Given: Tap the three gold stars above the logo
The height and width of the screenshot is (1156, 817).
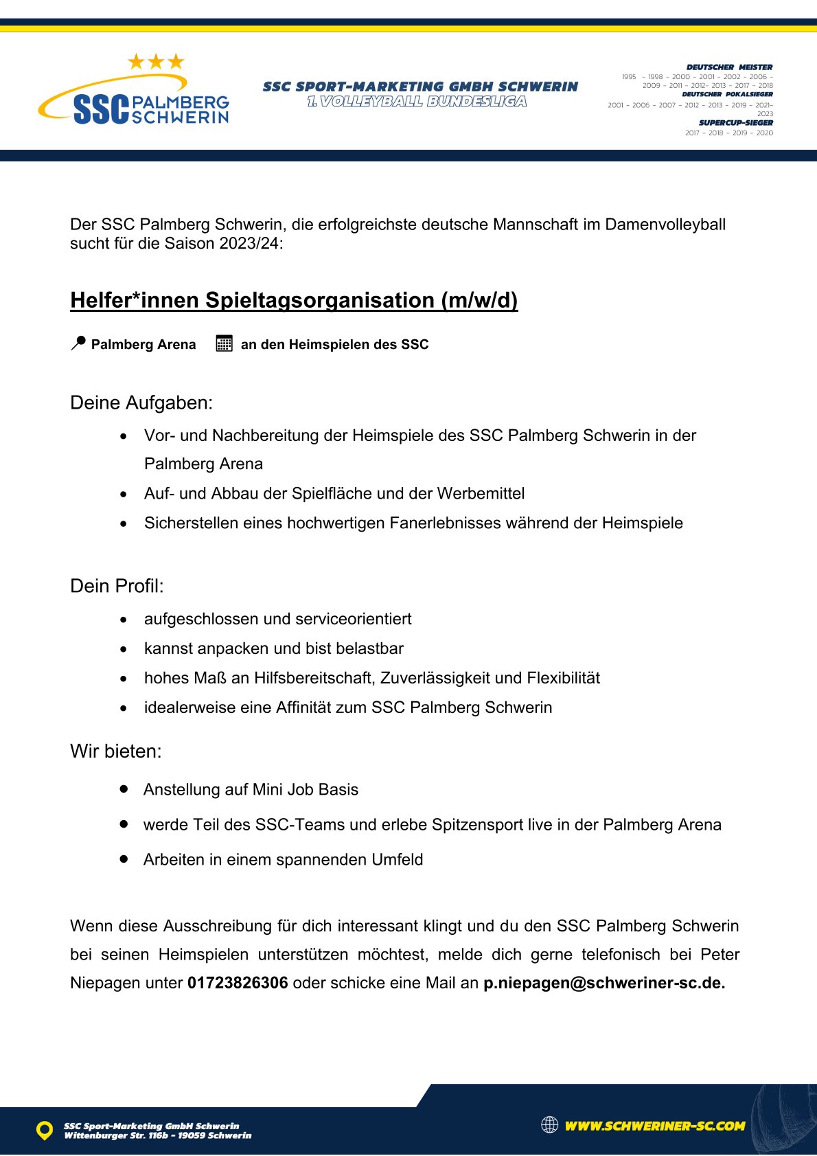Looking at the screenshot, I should click(156, 62).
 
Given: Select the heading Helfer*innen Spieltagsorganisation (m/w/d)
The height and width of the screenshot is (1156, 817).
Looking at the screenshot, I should click(294, 300).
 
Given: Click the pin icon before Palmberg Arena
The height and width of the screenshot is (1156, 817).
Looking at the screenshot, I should click(78, 343).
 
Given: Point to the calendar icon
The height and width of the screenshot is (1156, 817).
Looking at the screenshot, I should click(224, 343).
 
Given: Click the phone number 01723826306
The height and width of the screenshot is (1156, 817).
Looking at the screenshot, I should click(238, 983).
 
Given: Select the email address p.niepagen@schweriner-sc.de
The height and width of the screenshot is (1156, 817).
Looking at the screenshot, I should click(603, 983).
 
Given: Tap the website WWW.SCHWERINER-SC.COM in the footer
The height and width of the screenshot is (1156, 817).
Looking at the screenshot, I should click(654, 1126).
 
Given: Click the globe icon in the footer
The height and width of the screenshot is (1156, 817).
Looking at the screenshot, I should click(549, 1124).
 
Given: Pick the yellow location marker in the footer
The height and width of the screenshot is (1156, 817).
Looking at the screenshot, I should click(45, 1130).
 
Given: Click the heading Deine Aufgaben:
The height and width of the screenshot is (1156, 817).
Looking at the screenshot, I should click(141, 403).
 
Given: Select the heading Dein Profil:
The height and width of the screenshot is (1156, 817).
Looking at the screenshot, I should click(117, 586).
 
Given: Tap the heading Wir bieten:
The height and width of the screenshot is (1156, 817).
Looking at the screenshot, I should click(116, 751).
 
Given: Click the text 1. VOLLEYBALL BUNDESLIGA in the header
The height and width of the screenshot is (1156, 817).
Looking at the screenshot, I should click(417, 102).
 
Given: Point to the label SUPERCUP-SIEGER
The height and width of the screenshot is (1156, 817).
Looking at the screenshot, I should click(736, 123).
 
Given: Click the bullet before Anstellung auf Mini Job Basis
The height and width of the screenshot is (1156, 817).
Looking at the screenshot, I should click(124, 789).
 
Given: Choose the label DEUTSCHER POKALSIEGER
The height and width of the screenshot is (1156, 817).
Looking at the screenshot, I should click(728, 95).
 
